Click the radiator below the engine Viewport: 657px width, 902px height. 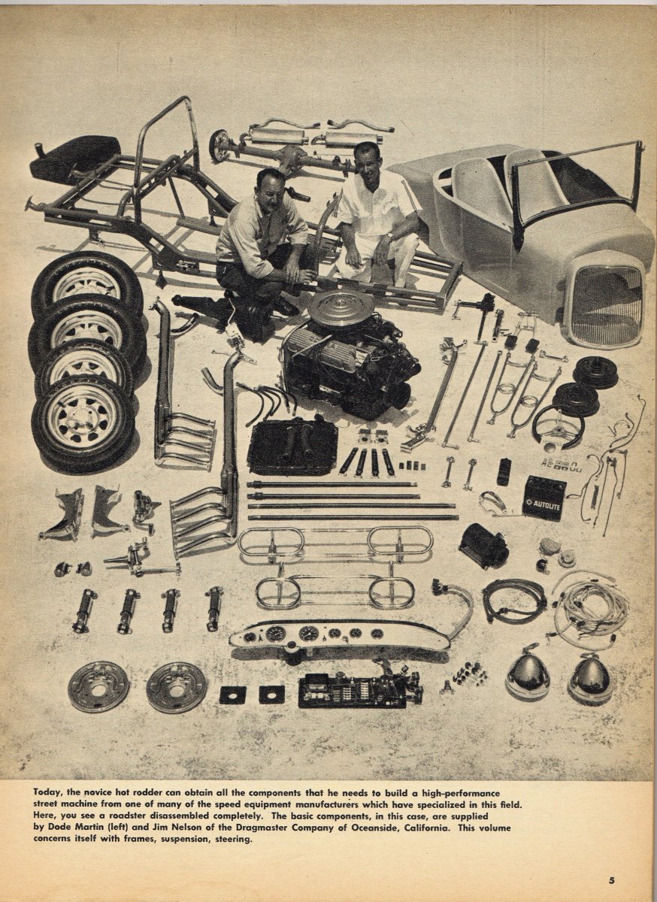click(292, 444)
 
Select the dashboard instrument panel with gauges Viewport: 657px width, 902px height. click(341, 635)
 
